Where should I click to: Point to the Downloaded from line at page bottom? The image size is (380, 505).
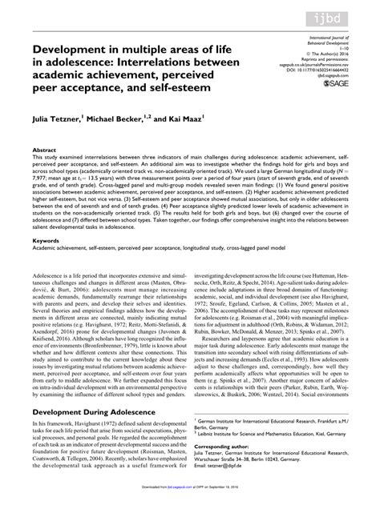click(190, 499)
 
